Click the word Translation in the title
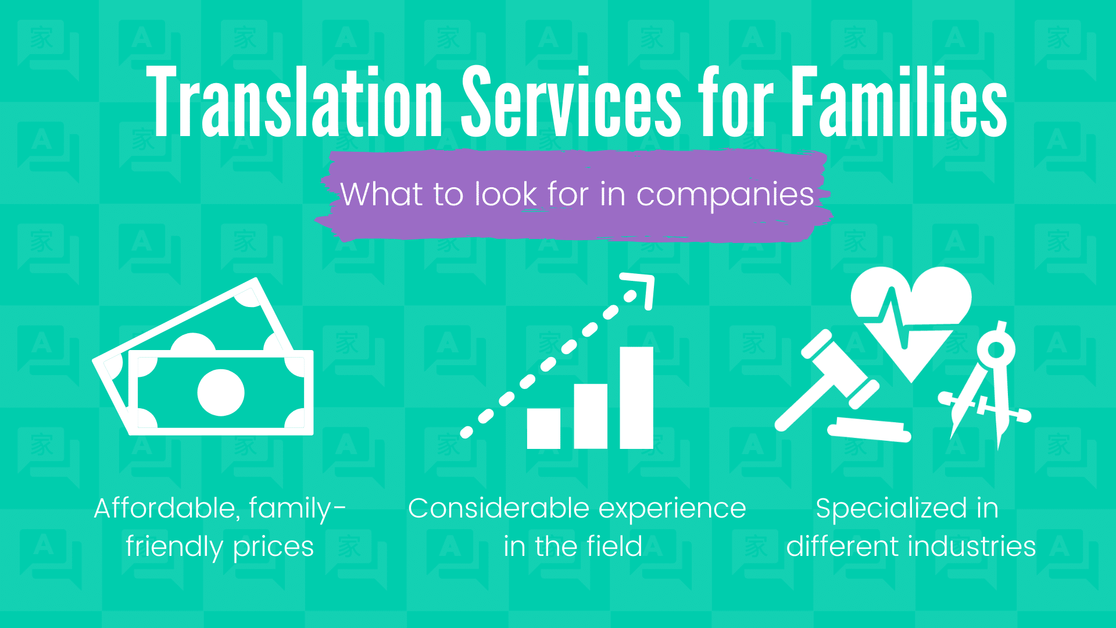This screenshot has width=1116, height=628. click(x=294, y=103)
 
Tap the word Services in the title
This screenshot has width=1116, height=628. click(x=571, y=103)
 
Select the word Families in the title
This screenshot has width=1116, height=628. click(x=899, y=103)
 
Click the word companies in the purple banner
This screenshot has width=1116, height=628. click(x=725, y=195)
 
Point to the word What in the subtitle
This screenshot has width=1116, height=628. click(x=381, y=194)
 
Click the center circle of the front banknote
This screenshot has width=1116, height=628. click(x=221, y=392)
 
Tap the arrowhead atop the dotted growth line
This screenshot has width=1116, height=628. click(x=642, y=288)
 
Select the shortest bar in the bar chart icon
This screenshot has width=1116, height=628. click(x=543, y=428)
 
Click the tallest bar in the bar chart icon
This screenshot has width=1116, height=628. click(x=636, y=398)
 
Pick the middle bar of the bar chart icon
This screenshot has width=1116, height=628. click(x=591, y=416)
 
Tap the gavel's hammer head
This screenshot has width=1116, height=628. click(x=839, y=369)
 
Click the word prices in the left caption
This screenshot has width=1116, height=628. click(x=273, y=547)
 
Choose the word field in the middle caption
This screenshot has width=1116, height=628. click(x=614, y=547)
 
